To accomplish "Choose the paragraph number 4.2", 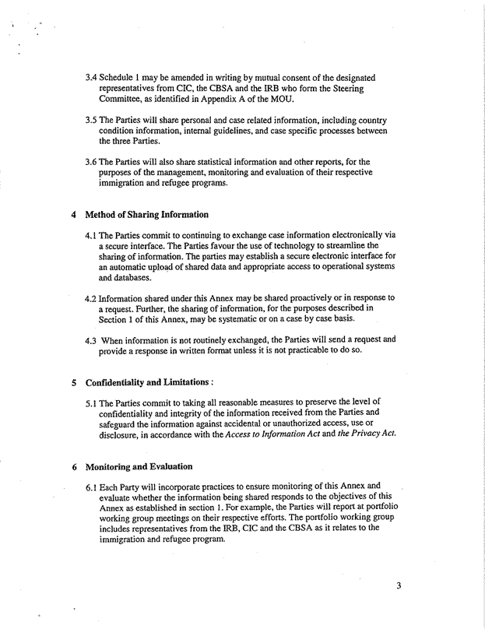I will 92,297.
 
